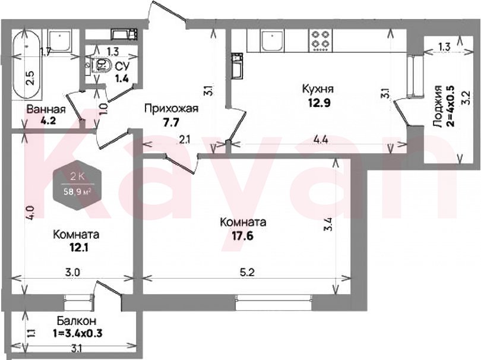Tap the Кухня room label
point(318,89)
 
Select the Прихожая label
point(172,108)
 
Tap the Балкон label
point(77,321)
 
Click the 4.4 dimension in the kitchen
point(321,140)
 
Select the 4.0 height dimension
point(30,212)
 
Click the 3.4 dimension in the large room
point(330,225)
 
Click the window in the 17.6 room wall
point(274,302)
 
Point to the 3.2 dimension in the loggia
point(467,97)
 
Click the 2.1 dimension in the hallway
point(185,140)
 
